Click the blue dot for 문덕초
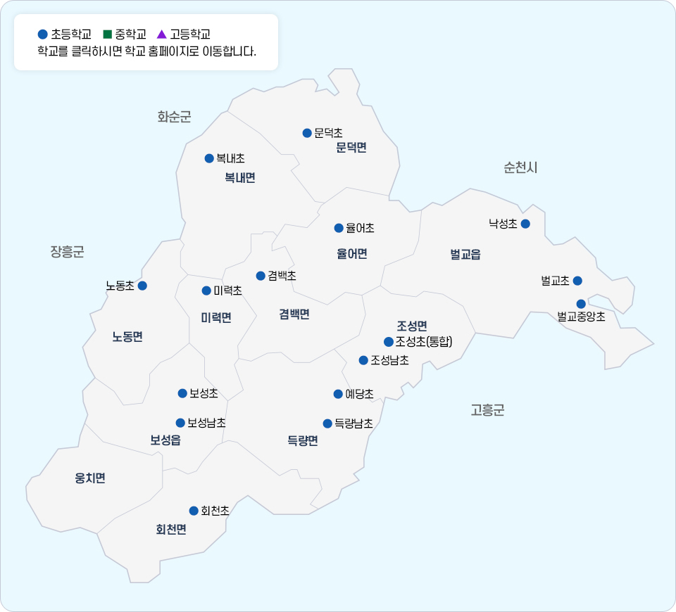click(307, 133)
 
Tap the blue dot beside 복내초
click(209, 158)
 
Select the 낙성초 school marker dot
click(525, 224)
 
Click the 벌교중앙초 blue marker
click(581, 304)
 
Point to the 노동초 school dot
click(142, 286)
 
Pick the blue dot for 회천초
click(194, 511)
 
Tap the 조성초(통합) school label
click(423, 342)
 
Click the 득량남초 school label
click(353, 423)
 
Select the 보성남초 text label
click(206, 423)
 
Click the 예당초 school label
click(359, 394)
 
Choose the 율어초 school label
click(360, 228)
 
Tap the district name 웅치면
click(90, 478)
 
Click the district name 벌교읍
click(465, 255)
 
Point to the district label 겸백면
click(294, 314)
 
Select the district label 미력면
click(216, 317)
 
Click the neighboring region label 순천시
click(520, 167)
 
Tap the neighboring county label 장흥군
click(67, 252)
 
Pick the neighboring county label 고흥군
click(487, 410)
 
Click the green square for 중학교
click(108, 34)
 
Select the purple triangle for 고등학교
click(161, 34)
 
